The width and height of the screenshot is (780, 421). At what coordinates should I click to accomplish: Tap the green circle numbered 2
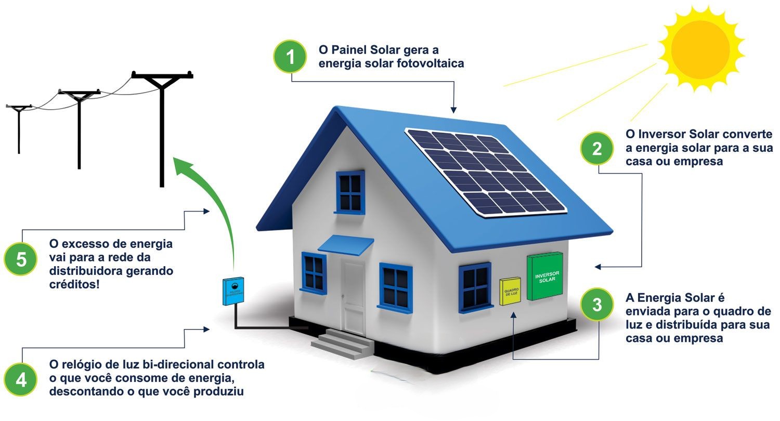(x=597, y=149)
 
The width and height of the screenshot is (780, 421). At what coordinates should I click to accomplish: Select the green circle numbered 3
(x=597, y=305)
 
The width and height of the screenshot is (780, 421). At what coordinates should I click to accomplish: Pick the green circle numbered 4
(x=21, y=380)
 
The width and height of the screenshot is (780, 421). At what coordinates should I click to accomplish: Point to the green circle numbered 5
(x=21, y=259)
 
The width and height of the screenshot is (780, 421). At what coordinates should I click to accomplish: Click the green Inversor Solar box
(x=544, y=276)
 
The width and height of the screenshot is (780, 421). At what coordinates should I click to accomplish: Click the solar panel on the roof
(x=485, y=172)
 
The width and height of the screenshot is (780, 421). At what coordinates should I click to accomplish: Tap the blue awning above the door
(x=346, y=245)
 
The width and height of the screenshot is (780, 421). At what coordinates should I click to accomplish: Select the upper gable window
(x=350, y=192)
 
